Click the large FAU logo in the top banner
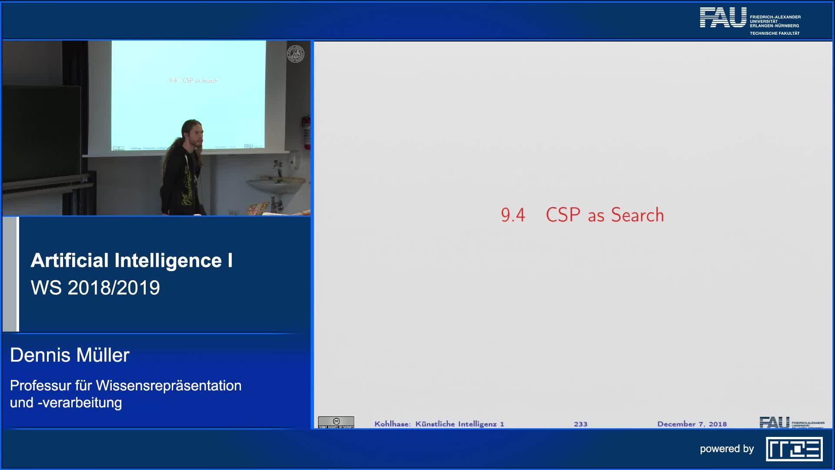pyautogui.click(x=723, y=18)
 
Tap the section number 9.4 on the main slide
pyautogui.click(x=513, y=215)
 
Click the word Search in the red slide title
pyautogui.click(x=637, y=215)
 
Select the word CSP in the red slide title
pyautogui.click(x=563, y=215)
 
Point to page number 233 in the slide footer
pyautogui.click(x=580, y=424)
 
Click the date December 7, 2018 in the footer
pyautogui.click(x=691, y=424)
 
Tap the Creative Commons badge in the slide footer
pyautogui.click(x=336, y=422)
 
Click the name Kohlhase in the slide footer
pyautogui.click(x=392, y=424)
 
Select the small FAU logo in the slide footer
pyautogui.click(x=774, y=422)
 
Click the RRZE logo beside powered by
pyautogui.click(x=794, y=449)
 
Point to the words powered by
pyautogui.click(x=727, y=449)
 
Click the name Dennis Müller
pyautogui.click(x=70, y=355)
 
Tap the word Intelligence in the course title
pyautogui.click(x=168, y=261)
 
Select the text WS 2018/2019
pyautogui.click(x=95, y=288)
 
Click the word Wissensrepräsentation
pyautogui.click(x=168, y=386)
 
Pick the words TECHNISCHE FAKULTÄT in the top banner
pyautogui.click(x=775, y=34)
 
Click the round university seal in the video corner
pyautogui.click(x=295, y=54)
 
